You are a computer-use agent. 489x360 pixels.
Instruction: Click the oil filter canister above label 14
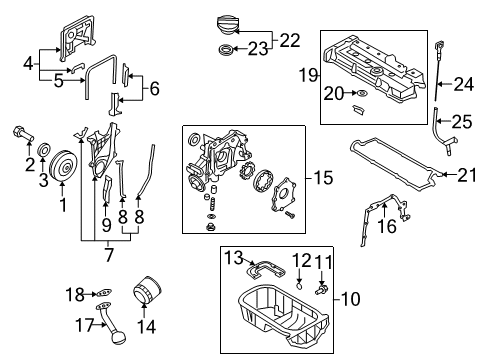click(x=146, y=294)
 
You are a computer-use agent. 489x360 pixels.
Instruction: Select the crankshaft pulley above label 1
click(x=65, y=165)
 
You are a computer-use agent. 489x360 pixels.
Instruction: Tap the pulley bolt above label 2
click(x=22, y=132)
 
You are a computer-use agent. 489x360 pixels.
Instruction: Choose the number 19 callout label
click(x=307, y=73)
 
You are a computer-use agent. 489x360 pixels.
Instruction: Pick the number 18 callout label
click(x=71, y=293)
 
